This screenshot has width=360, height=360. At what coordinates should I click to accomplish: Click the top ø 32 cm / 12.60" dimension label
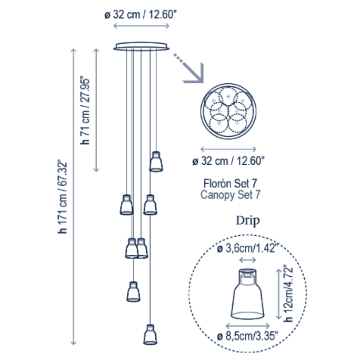(x=140, y=14)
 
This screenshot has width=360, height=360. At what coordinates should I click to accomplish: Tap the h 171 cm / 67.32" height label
(x=62, y=197)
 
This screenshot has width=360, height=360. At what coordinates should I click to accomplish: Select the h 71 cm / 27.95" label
(x=85, y=111)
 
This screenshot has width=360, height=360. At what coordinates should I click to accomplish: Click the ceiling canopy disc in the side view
(x=141, y=46)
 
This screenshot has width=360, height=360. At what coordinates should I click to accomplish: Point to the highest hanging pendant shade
(x=156, y=162)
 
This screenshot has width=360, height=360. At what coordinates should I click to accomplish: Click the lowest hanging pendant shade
(x=150, y=334)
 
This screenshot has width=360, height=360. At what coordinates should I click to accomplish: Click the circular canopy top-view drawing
(x=229, y=111)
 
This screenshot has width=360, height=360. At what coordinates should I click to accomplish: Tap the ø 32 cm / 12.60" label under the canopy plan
(x=229, y=161)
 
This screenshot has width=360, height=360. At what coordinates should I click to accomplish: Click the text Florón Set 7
(x=230, y=183)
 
